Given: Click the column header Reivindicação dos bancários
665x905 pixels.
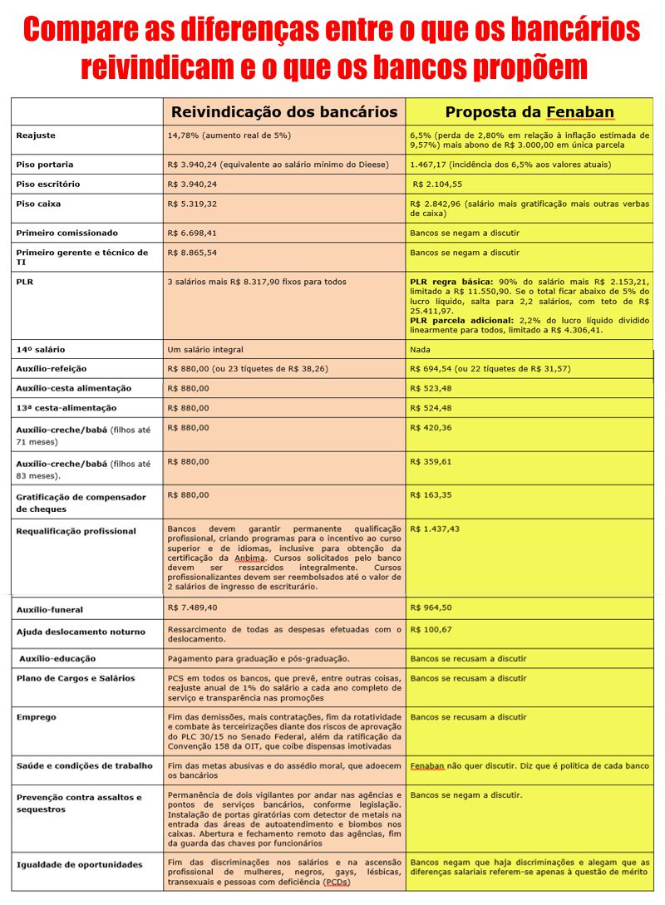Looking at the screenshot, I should click(x=283, y=112).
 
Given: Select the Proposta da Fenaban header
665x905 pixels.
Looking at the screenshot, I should click(x=529, y=112).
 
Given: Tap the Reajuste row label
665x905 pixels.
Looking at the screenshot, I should click(x=36, y=135).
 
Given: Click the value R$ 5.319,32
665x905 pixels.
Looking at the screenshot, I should click(x=193, y=204).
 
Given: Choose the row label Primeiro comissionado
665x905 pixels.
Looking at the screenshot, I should click(x=67, y=233).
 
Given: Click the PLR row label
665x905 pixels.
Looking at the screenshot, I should click(x=25, y=282).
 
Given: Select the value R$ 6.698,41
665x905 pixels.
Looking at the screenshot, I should click(x=193, y=233).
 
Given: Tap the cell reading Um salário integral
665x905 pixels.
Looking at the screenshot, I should click(x=206, y=349).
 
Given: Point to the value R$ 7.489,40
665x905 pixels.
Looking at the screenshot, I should click(x=193, y=607).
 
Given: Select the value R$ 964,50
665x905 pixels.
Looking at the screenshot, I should click(x=431, y=607).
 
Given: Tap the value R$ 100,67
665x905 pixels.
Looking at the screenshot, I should click(x=431, y=629).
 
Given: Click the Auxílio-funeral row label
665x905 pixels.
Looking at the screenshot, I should click(x=49, y=610).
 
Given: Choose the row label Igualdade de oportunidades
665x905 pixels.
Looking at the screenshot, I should click(x=79, y=864).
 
